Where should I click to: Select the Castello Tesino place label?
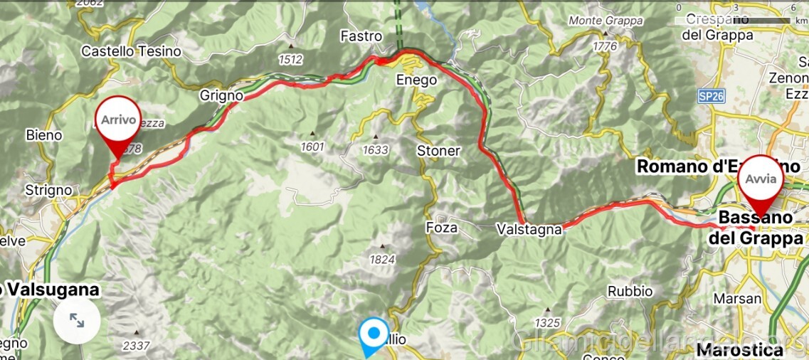click(131, 51)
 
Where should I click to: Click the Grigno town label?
click(221, 95)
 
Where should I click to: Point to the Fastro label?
click(361, 36)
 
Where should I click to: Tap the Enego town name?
click(416, 80)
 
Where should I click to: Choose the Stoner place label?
click(438, 151)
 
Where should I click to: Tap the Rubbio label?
click(630, 291)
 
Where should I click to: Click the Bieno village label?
click(44, 134)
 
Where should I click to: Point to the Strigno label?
click(48, 190)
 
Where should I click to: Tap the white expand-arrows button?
click(76, 321)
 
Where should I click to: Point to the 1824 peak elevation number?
click(382, 260)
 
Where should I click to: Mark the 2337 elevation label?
click(136, 346)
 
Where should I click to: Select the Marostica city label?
click(739, 349)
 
